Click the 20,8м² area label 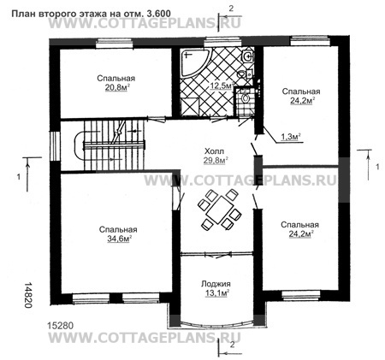tap(115, 88)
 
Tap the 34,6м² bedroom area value tap(118, 239)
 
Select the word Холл tap(215, 151)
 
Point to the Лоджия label tap(216, 284)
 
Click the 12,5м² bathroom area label tap(222, 86)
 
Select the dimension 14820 tap(27, 295)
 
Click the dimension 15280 tap(61, 326)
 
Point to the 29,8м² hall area tap(216, 161)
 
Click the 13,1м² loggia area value tap(217, 293)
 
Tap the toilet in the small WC tap(244, 97)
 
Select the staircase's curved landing tap(79, 146)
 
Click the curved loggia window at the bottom tap(216, 323)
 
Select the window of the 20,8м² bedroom tap(115, 44)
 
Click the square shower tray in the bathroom tap(190, 107)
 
